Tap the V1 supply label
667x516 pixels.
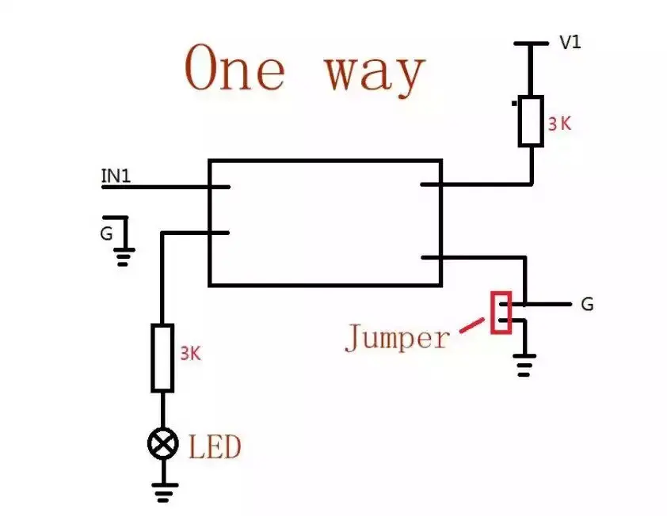click(x=570, y=43)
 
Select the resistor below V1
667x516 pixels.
click(x=531, y=120)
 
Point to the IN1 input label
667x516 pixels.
click(x=116, y=176)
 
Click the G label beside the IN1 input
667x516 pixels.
click(x=105, y=234)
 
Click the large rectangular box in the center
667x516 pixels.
click(x=325, y=222)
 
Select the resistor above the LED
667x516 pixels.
click(x=162, y=358)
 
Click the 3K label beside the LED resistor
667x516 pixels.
click(x=190, y=354)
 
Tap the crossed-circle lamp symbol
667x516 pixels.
click(x=163, y=444)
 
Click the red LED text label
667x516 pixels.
click(x=215, y=447)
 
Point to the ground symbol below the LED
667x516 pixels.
click(x=163, y=494)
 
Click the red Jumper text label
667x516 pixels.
click(x=396, y=339)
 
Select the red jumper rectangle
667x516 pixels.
click(x=501, y=313)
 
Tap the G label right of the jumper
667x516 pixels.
click(x=587, y=304)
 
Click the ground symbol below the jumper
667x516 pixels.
click(x=522, y=366)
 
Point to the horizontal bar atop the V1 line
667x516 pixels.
click(x=531, y=44)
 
